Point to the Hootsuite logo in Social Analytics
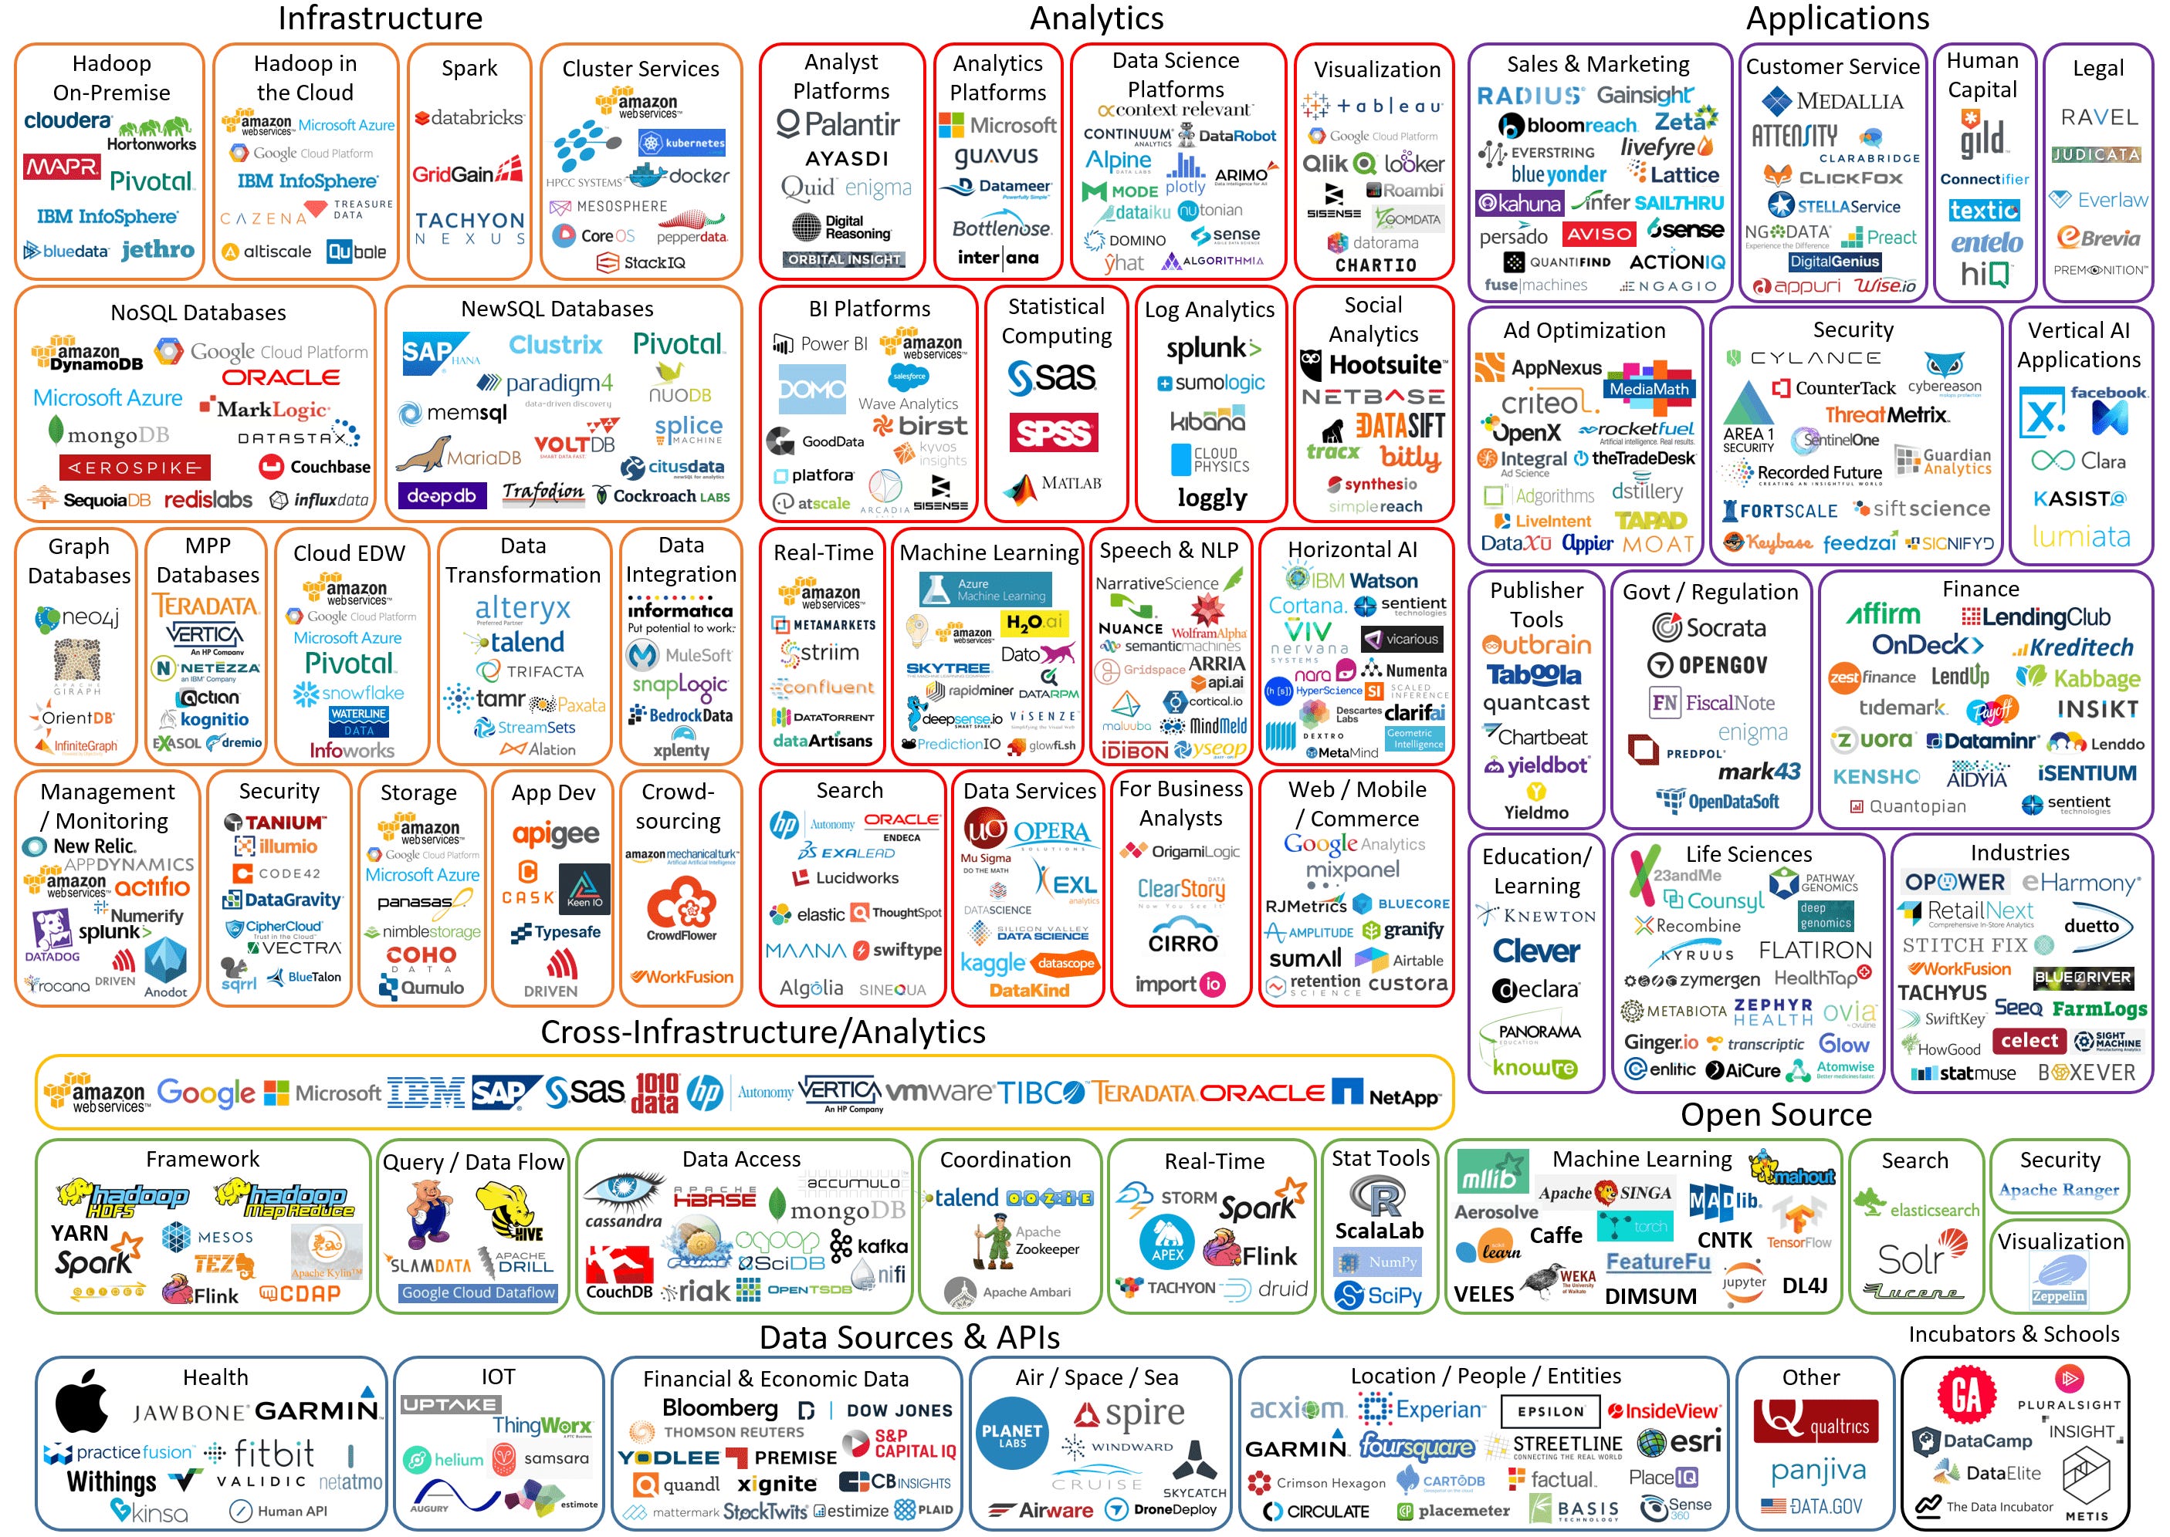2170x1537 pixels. [1374, 364]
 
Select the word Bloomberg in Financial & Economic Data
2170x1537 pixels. [719, 1407]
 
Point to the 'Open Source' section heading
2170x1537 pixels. [1776, 1114]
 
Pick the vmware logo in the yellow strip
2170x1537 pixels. [938, 1092]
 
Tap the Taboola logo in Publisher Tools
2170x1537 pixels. [1534, 675]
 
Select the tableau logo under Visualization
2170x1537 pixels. [1374, 106]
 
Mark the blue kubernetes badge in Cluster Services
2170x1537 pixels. [682, 143]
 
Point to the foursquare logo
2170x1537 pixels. [1417, 1446]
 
